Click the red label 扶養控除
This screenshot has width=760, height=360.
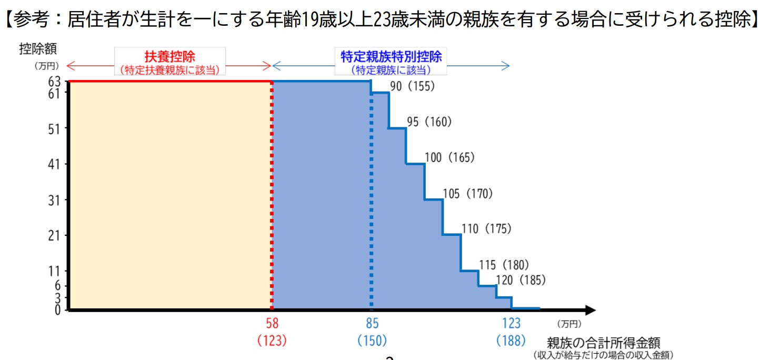click(x=169, y=57)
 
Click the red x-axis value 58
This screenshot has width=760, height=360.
click(x=272, y=324)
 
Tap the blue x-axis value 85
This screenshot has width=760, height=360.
click(x=372, y=324)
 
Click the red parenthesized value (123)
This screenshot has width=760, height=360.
click(x=272, y=341)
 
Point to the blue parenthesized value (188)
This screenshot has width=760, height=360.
click(x=511, y=341)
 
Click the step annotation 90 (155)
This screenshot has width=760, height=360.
click(x=413, y=87)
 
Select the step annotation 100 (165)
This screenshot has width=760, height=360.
click(x=449, y=158)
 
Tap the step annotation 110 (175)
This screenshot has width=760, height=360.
click(x=486, y=229)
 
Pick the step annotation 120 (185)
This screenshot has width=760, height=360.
click(x=521, y=280)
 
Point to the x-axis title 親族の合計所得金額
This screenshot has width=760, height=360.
click(x=603, y=343)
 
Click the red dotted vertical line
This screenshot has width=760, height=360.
click(x=272, y=195)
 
